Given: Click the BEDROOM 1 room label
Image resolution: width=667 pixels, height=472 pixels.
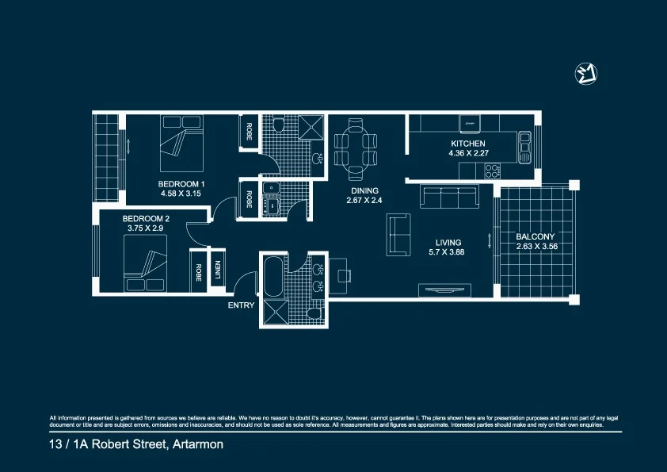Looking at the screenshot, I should click(181, 183).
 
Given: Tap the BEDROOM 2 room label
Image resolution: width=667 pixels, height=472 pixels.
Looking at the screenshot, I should click(146, 218).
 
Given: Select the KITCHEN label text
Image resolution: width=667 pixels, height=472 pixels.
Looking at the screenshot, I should click(467, 144).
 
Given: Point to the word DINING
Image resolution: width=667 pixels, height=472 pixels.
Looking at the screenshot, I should click(364, 191).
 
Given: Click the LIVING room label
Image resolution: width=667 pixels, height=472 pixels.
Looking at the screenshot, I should click(448, 243).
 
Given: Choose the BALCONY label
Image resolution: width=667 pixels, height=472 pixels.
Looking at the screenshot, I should click(536, 236).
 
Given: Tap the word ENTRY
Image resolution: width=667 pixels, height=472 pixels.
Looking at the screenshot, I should click(241, 305).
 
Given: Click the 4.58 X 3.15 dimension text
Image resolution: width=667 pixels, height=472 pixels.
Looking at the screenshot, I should click(181, 193).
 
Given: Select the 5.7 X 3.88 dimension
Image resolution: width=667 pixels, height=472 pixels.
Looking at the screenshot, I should click(448, 252).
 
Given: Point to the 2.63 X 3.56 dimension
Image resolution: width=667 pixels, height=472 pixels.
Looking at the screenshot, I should click(536, 246).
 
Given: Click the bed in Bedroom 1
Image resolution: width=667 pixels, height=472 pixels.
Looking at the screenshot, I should click(181, 144).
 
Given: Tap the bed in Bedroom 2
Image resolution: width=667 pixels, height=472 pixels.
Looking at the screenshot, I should click(145, 270).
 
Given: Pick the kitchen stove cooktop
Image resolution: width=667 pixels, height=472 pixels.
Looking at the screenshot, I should click(493, 169).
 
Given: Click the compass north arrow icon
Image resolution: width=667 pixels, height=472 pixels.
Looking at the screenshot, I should click(585, 74).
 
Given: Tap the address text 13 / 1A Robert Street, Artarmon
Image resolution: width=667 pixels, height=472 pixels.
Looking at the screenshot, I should click(136, 445).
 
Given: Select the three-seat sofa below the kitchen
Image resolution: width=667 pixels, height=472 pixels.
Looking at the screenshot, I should click(450, 198).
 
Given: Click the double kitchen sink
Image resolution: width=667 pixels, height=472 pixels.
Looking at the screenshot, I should click(524, 147).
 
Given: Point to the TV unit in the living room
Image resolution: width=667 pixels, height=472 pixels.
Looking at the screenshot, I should click(450, 290).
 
